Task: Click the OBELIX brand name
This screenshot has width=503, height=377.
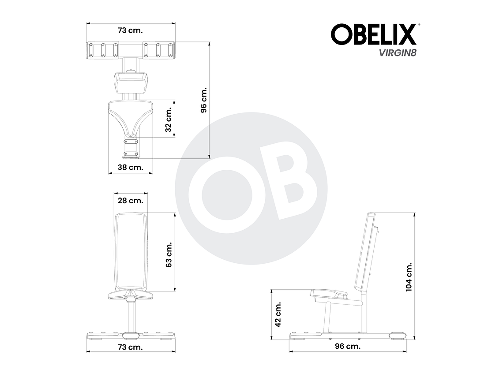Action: (373, 34)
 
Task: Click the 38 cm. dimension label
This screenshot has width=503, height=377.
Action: (130, 167)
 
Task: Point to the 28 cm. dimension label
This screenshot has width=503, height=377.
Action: (130, 200)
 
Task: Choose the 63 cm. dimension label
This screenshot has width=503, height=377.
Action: (168, 254)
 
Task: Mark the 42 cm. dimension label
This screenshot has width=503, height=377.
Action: (278, 314)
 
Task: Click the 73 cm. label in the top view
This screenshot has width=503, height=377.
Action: (130, 30)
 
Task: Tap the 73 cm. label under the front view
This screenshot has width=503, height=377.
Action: (130, 347)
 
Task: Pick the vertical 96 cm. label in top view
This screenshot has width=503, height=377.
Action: (203, 100)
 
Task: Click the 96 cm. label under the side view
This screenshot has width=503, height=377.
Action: (348, 346)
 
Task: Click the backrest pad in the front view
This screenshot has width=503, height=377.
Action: (131, 251)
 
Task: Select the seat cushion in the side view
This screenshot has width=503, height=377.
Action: (329, 293)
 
